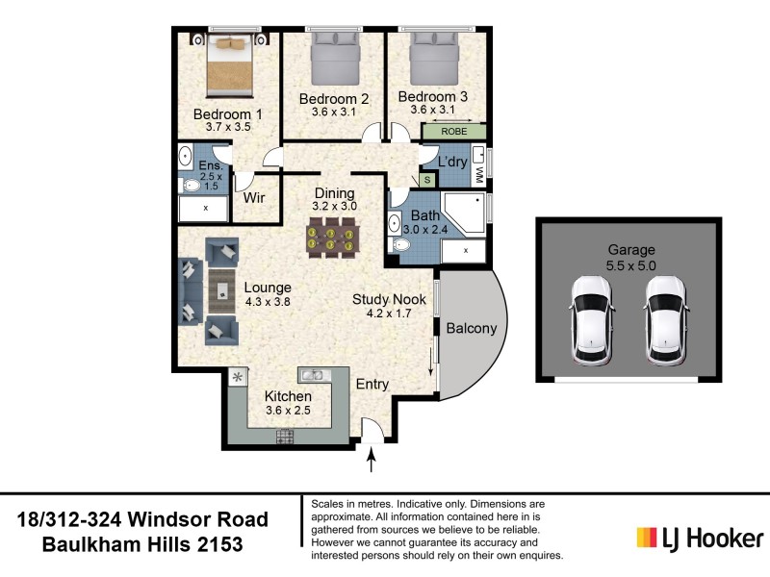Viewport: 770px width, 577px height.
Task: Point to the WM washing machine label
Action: [x=480, y=174]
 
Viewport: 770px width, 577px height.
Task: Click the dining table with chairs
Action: [x=333, y=237]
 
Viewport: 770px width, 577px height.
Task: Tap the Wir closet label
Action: [x=254, y=199]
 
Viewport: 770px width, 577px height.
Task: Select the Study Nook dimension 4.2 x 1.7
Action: [x=389, y=313]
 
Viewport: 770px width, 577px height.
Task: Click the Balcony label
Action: [x=472, y=329]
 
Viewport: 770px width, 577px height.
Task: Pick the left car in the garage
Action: [x=591, y=320]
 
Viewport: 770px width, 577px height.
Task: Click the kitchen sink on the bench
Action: [x=315, y=374]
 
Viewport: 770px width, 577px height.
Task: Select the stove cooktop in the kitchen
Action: [x=285, y=437]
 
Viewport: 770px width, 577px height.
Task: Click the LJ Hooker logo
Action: [x=701, y=538]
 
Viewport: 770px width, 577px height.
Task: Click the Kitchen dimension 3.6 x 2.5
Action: [x=289, y=412]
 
